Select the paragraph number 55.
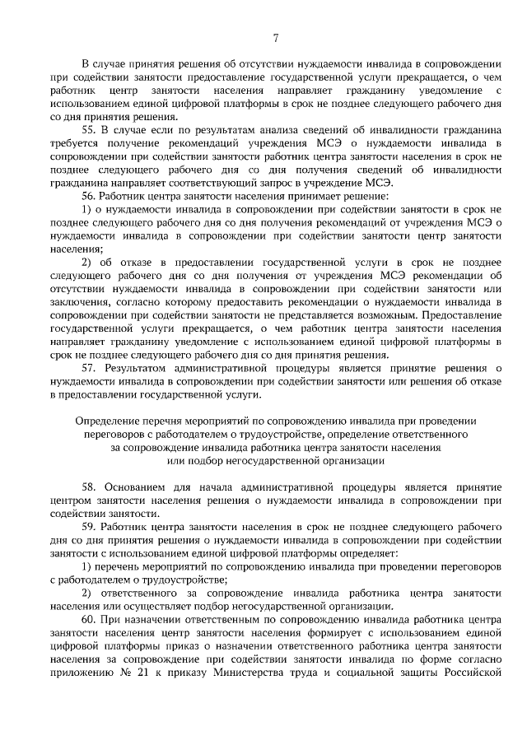click(x=89, y=130)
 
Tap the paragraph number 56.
click(x=89, y=197)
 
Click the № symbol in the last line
click(x=137, y=673)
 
